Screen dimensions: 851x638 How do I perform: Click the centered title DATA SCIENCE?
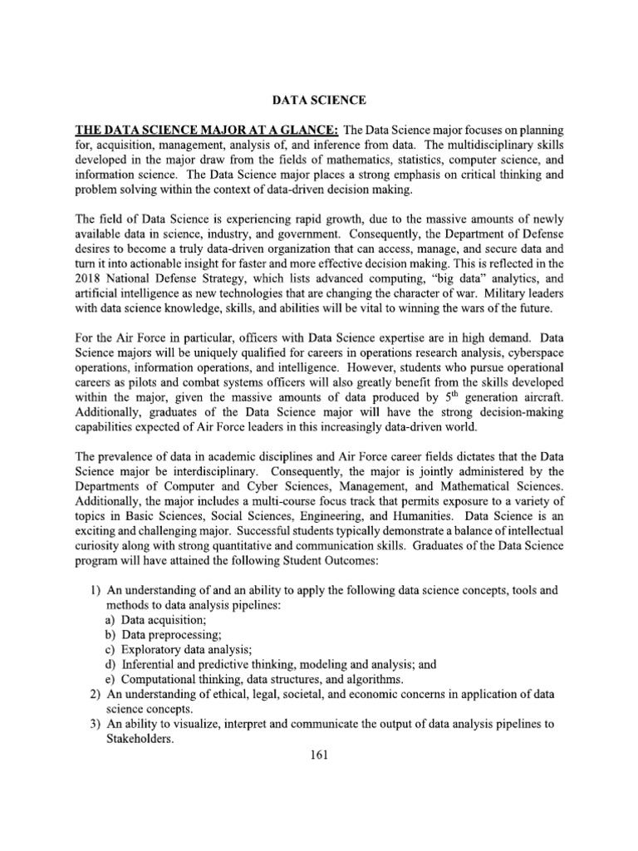[x=319, y=101]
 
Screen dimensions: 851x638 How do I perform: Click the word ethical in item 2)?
[x=225, y=694]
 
